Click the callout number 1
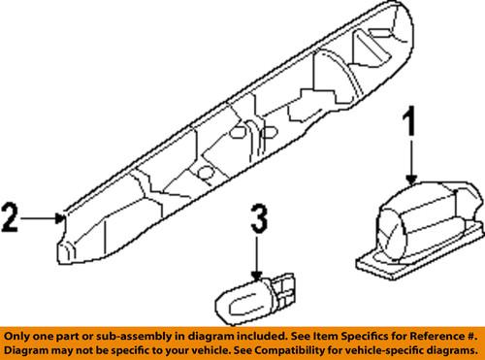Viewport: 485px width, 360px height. tap(410, 128)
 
